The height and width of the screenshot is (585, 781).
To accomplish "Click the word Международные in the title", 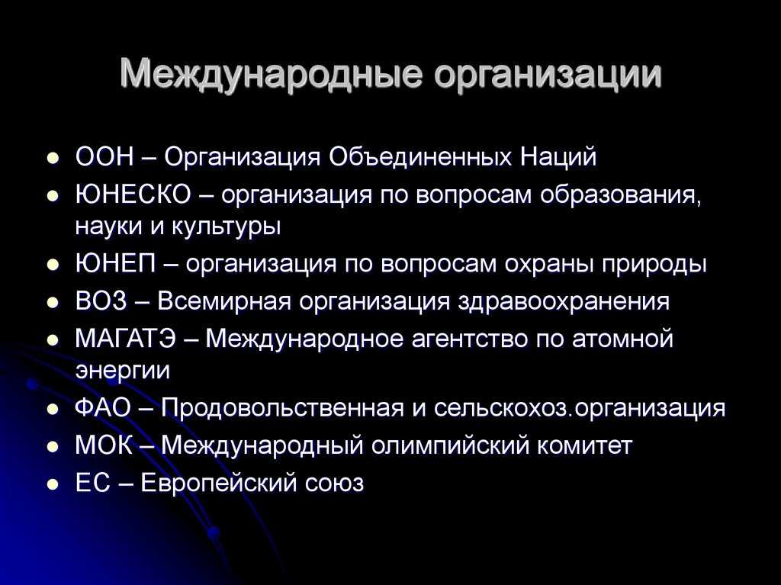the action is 272,74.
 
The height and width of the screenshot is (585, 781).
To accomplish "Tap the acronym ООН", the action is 104,156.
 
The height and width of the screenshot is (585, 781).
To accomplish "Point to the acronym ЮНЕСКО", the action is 133,194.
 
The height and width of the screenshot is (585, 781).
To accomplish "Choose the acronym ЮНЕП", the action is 116,263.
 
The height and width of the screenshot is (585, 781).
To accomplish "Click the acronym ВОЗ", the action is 101,301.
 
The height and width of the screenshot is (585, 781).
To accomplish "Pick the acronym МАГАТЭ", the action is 126,339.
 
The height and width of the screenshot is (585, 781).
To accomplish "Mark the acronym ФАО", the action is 103,407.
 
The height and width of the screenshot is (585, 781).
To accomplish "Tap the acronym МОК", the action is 104,445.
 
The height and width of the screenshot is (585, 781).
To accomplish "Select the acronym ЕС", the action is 92,482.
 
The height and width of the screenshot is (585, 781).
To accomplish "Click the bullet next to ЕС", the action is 53,484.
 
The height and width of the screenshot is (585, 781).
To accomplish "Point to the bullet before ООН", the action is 53,159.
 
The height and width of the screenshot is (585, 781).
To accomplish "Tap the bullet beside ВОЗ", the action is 53,303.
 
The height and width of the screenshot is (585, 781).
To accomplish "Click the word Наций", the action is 558,157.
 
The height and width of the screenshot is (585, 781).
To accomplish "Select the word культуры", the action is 226,227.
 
